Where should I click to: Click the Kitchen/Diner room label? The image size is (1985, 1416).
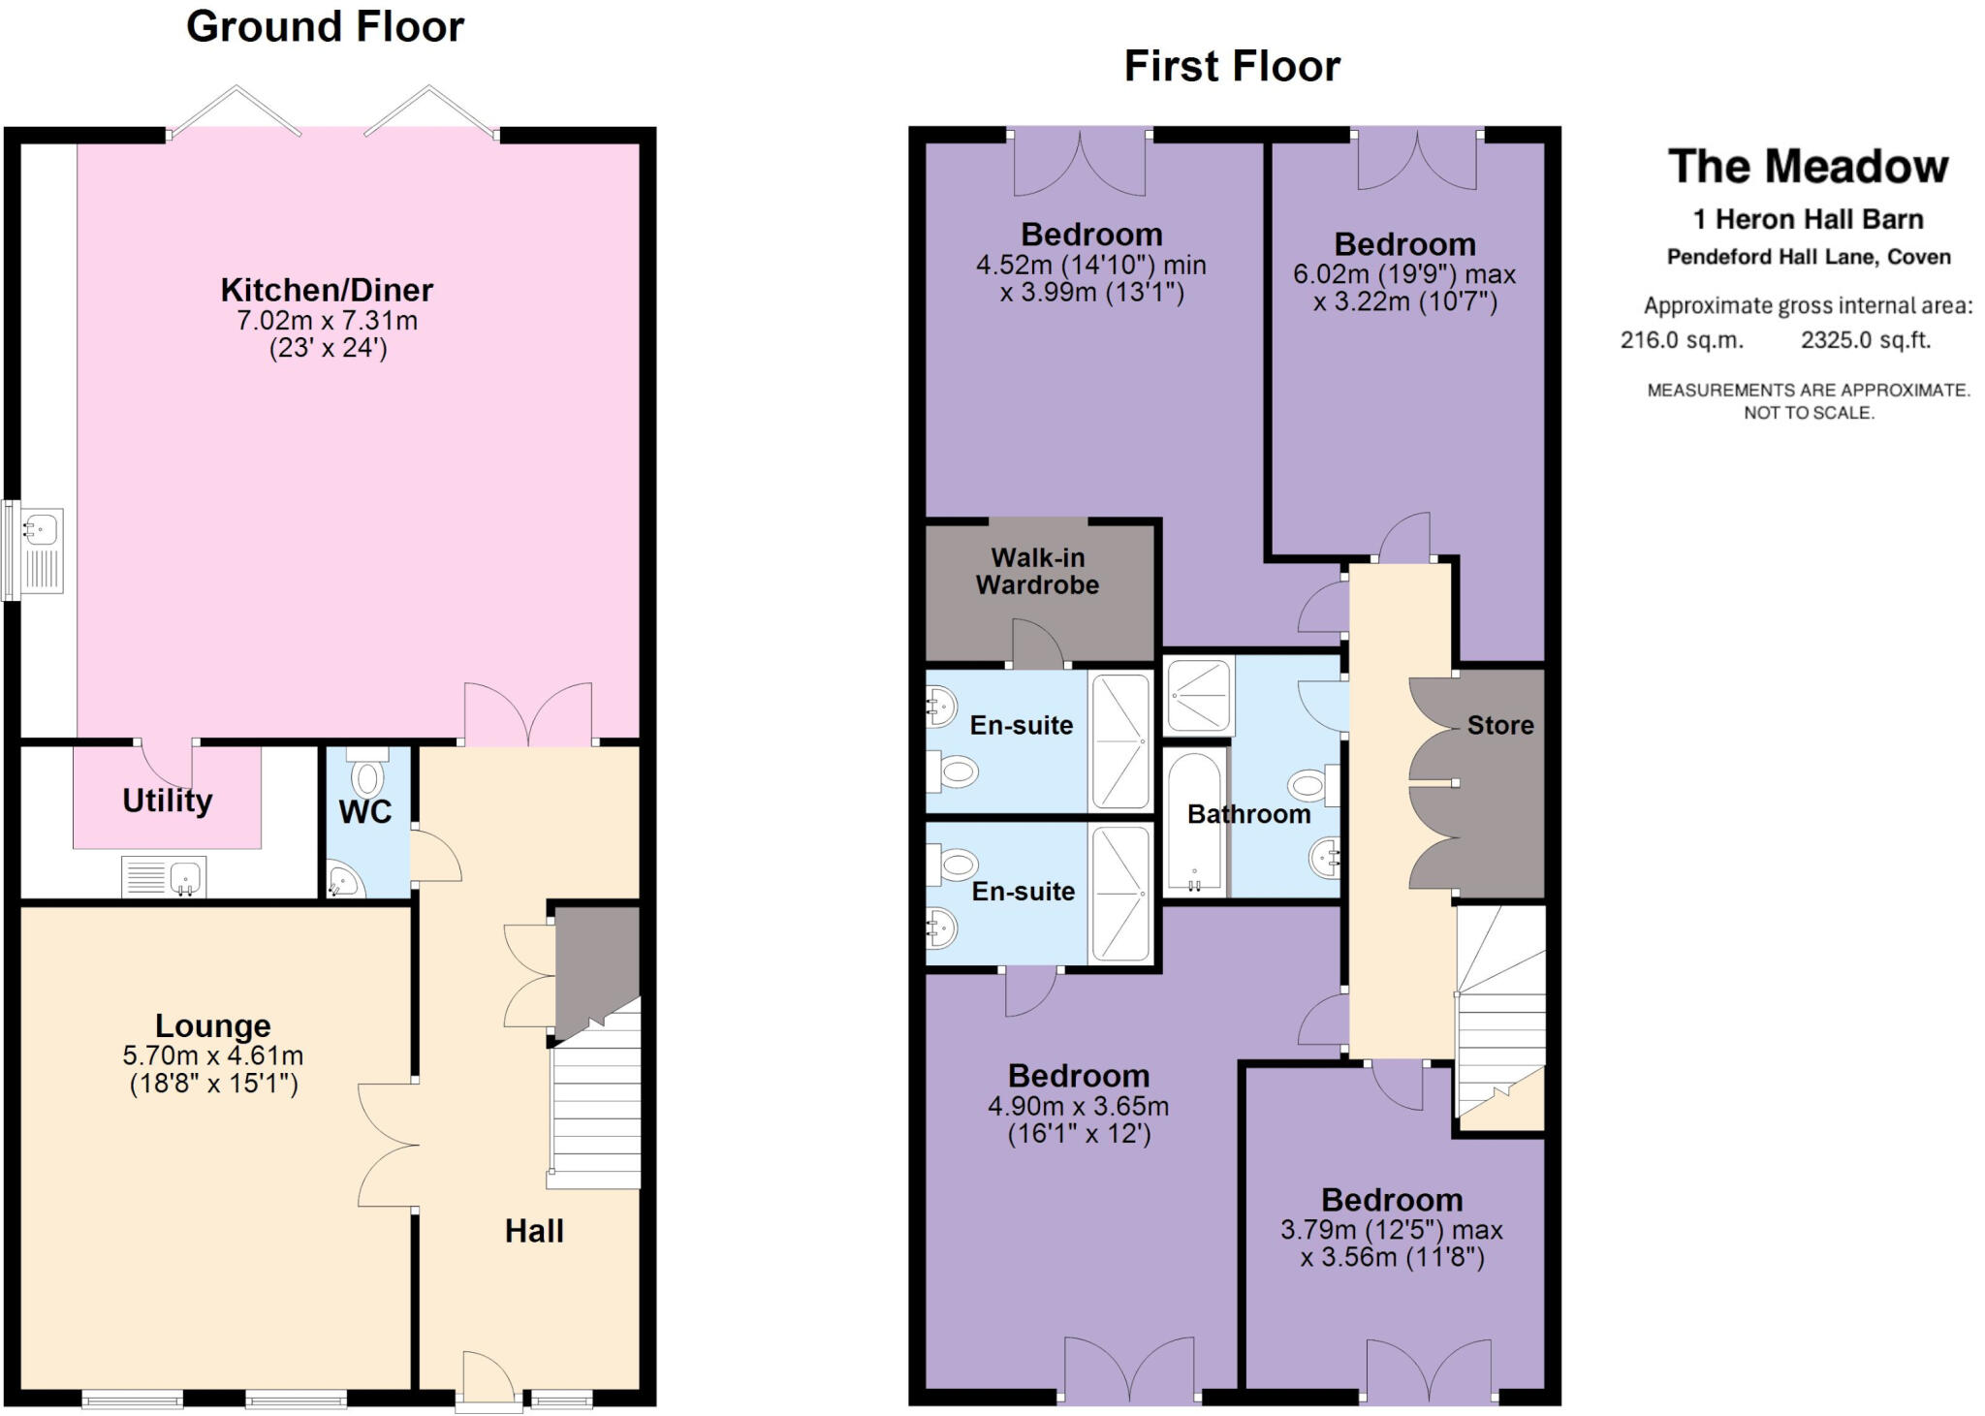(327, 290)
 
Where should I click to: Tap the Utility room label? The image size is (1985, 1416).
(167, 801)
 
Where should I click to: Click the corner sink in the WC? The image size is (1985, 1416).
(341, 882)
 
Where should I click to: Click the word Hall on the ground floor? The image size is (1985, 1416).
(534, 1231)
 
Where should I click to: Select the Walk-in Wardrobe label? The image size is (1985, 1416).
(1037, 571)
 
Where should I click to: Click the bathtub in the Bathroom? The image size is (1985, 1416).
(1194, 822)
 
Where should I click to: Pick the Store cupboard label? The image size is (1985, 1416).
(1499, 725)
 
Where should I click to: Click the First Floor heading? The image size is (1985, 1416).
(1232, 66)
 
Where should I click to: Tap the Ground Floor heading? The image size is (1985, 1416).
(325, 26)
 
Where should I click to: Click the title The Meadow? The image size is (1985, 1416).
(1808, 167)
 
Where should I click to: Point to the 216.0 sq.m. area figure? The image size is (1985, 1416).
(1682, 340)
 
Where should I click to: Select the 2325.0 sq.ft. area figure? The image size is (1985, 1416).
(1866, 340)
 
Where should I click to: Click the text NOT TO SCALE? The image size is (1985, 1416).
(1809, 413)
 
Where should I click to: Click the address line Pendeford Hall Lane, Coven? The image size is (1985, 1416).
(1809, 257)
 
